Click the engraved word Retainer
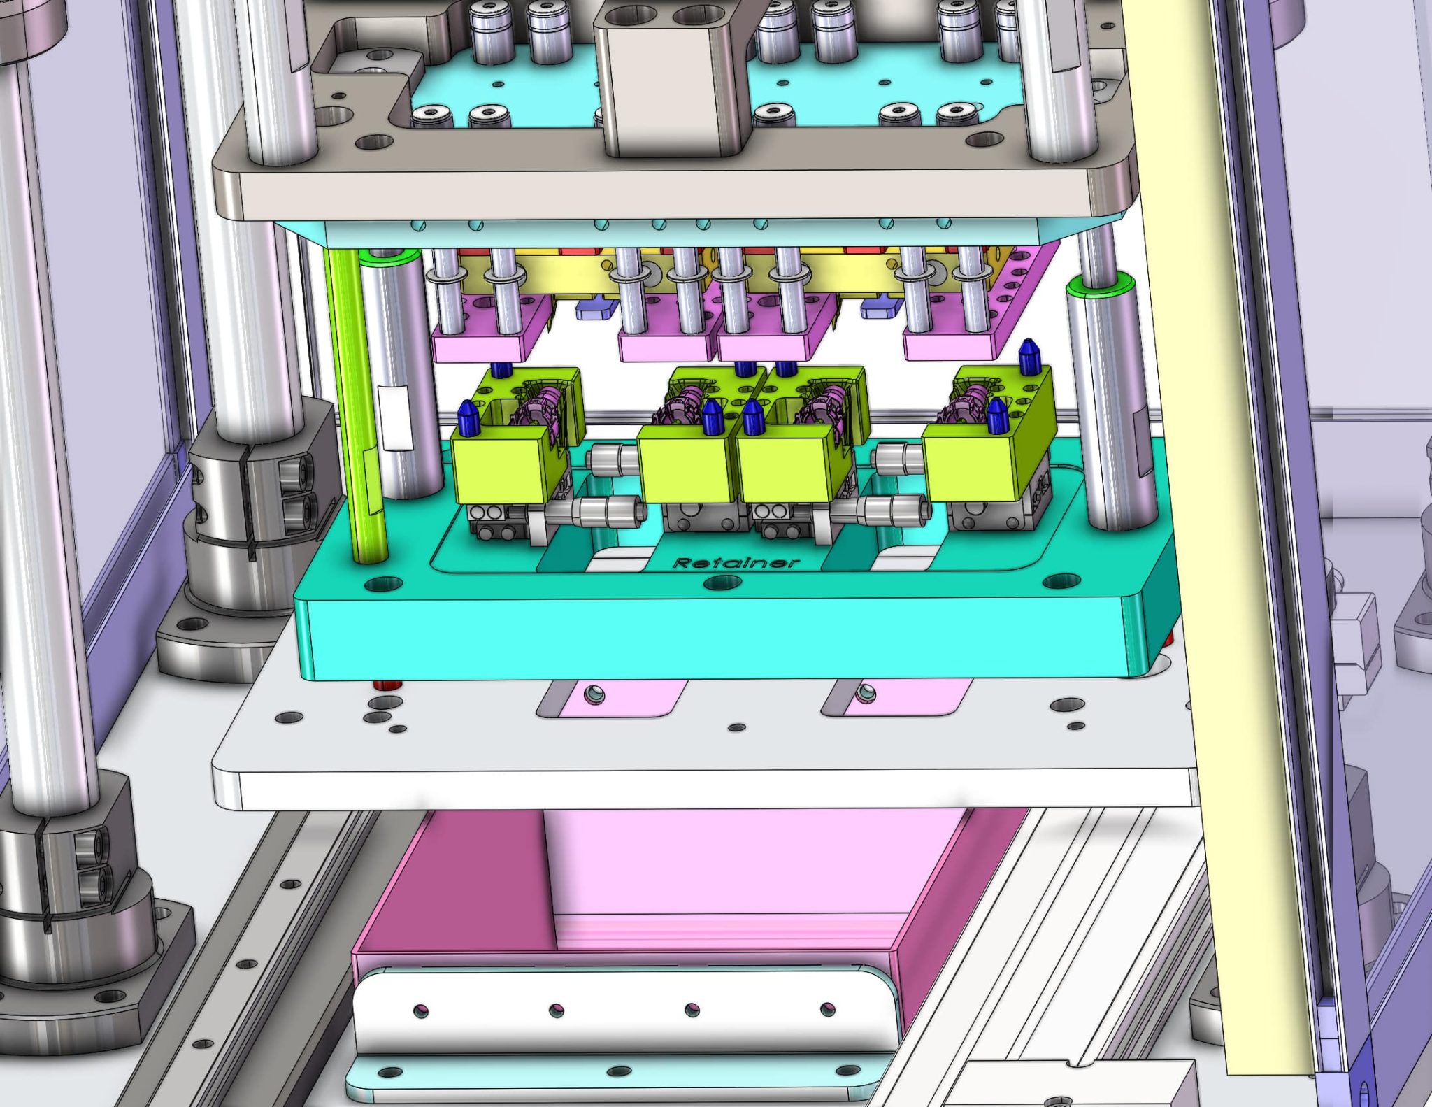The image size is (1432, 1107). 735,563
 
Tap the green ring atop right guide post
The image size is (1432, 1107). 1099,285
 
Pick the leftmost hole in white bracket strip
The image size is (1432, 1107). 420,1010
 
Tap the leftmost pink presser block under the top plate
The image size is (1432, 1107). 482,343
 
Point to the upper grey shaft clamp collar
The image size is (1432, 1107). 266,476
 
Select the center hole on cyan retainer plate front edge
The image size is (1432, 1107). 723,582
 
